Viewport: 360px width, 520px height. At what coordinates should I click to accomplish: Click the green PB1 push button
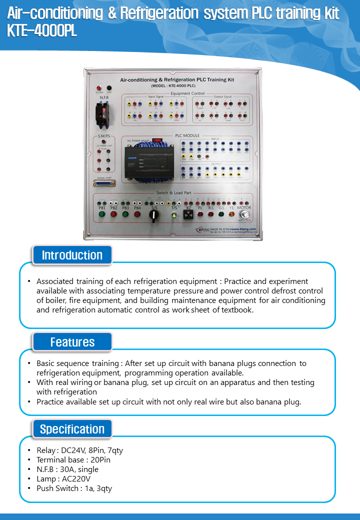[x=102, y=214]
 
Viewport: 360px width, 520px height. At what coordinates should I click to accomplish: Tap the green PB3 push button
[x=125, y=214]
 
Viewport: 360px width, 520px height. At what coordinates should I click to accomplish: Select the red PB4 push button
[x=137, y=214]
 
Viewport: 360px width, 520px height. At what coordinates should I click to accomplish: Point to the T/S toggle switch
[x=174, y=215]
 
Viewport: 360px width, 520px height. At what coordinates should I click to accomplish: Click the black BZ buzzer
[x=188, y=215]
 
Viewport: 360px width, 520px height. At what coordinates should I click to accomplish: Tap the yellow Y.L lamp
[x=231, y=214]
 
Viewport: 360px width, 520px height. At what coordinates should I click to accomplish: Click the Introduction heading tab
[x=72, y=255]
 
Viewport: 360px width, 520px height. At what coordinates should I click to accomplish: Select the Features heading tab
[x=72, y=342]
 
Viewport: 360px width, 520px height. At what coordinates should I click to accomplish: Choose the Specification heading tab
[x=72, y=429]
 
